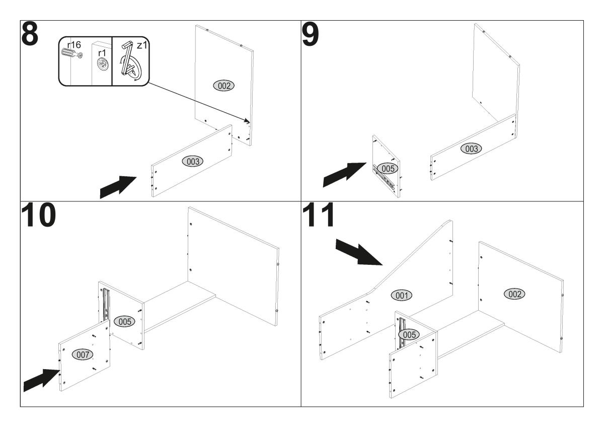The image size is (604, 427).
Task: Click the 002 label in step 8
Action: tap(224, 86)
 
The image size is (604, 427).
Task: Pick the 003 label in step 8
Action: tap(193, 161)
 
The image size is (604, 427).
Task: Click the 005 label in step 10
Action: tap(123, 321)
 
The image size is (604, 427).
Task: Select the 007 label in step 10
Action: tap(84, 354)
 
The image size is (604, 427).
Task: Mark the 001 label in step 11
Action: tap(402, 296)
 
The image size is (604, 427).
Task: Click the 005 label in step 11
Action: tap(408, 334)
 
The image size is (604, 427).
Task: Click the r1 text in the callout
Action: tap(102, 51)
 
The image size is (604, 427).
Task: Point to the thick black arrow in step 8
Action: tap(119, 187)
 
